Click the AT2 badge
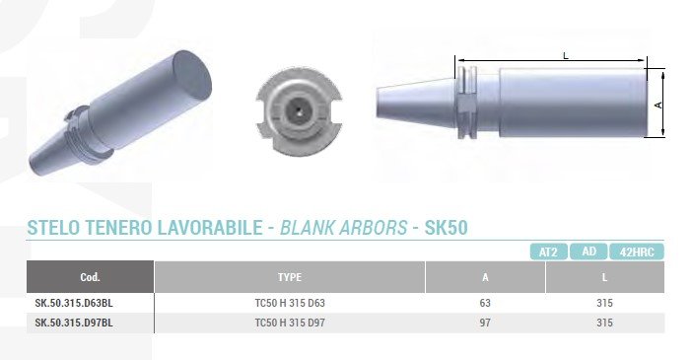tap(548, 252)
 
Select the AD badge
tap(588, 252)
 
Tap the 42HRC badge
tap(637, 252)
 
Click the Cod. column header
tap(90, 277)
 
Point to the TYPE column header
tap(290, 277)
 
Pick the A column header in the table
tap(485, 277)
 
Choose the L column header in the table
tap(604, 277)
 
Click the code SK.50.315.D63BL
tap(74, 303)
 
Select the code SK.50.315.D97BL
tap(74, 323)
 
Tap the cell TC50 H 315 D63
tap(290, 303)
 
